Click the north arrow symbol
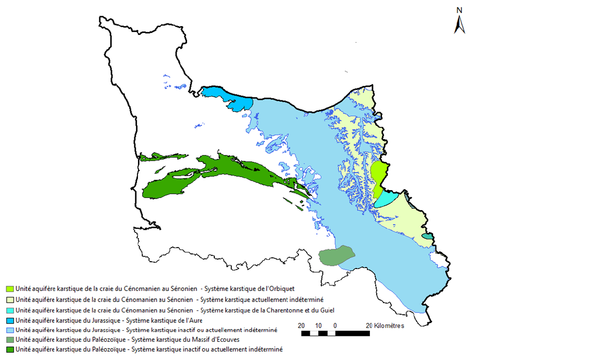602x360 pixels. pyautogui.click(x=459, y=25)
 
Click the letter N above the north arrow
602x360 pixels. pyautogui.click(x=459, y=10)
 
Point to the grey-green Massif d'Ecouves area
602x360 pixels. pyautogui.click(x=336, y=255)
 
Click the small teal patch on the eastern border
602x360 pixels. pyautogui.click(x=428, y=237)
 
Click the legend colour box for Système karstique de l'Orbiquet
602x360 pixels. pyautogui.click(x=9, y=289)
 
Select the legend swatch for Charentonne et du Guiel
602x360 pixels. pyautogui.click(x=9, y=310)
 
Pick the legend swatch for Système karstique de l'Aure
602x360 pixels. pyautogui.click(x=9, y=320)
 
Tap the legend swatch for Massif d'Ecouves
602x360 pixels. pyautogui.click(x=9, y=340)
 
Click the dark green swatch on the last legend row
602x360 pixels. pyautogui.click(x=9, y=350)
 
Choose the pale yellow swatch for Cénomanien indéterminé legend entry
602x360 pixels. pyautogui.click(x=9, y=300)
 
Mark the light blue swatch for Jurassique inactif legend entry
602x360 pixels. pyautogui.click(x=9, y=330)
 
